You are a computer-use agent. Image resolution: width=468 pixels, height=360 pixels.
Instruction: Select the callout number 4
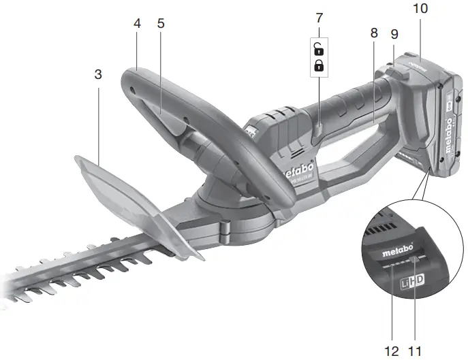[137, 23]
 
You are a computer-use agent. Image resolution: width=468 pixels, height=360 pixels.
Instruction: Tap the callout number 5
[161, 23]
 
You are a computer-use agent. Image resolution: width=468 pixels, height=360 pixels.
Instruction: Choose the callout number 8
[374, 33]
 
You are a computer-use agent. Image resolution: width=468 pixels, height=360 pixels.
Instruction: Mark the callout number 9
[394, 33]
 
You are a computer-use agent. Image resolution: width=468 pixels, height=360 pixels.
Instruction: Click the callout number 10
[420, 9]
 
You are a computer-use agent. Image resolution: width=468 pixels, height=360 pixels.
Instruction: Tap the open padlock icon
[319, 49]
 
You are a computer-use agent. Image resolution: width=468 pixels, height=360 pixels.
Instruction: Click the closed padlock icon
[319, 66]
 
